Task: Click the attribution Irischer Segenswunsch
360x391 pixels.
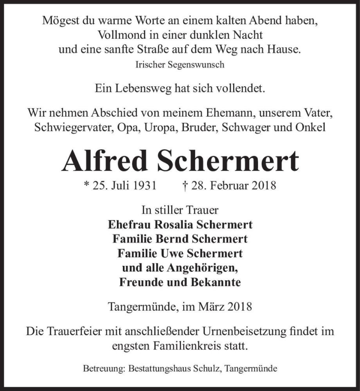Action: tap(180, 64)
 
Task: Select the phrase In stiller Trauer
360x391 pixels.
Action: tap(180, 209)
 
